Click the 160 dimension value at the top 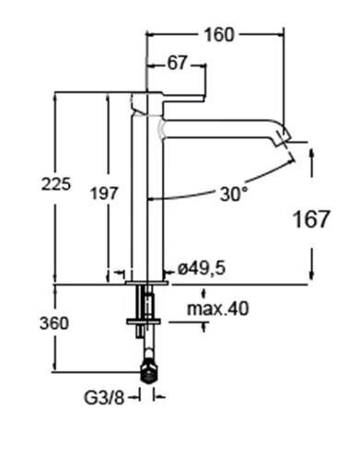click(x=219, y=35)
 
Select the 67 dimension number click(x=177, y=64)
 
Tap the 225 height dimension click(x=56, y=184)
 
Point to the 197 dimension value click(x=104, y=193)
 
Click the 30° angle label click(x=234, y=194)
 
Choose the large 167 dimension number click(x=311, y=219)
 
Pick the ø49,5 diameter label click(x=202, y=268)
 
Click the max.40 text click(x=218, y=309)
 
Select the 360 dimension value click(x=54, y=323)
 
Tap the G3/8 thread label click(x=104, y=398)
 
